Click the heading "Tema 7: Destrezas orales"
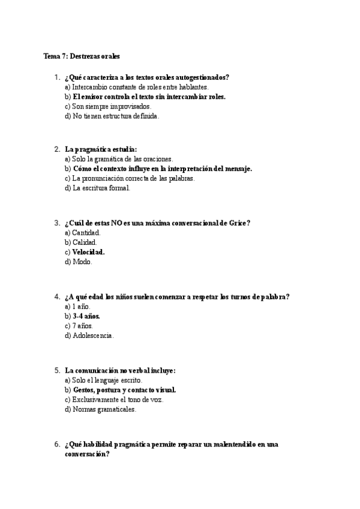82,56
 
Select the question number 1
56,77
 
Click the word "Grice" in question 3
238,223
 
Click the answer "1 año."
78,306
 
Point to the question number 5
56,370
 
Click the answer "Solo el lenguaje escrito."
103,380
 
